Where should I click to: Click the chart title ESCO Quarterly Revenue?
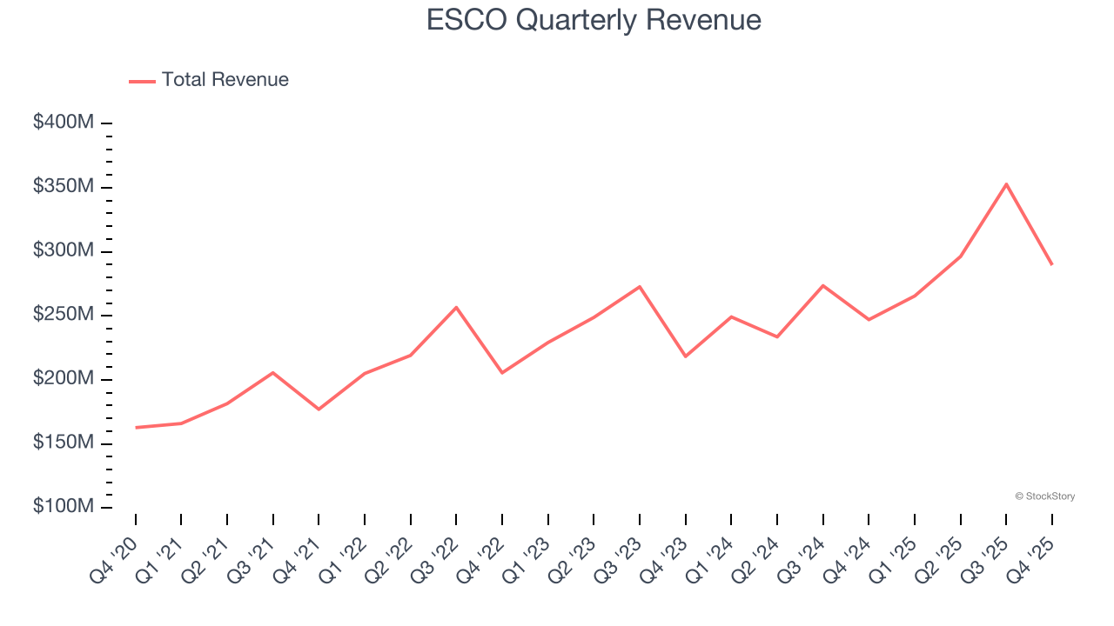[594, 20]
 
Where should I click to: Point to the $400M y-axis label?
[64, 123]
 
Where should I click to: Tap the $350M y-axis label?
[64, 187]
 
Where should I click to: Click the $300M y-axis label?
[64, 250]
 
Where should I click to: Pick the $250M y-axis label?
[64, 315]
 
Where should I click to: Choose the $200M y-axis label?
[64, 379]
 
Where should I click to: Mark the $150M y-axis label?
[64, 443]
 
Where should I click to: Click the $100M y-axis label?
[64, 507]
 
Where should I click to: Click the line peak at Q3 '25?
[1006, 183]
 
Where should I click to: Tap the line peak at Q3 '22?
[456, 307]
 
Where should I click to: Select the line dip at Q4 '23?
[686, 356]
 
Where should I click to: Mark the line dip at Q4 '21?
[319, 410]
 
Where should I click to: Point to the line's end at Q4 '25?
[1051, 263]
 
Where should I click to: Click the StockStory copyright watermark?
[1044, 496]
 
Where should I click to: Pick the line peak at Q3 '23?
[640, 286]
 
